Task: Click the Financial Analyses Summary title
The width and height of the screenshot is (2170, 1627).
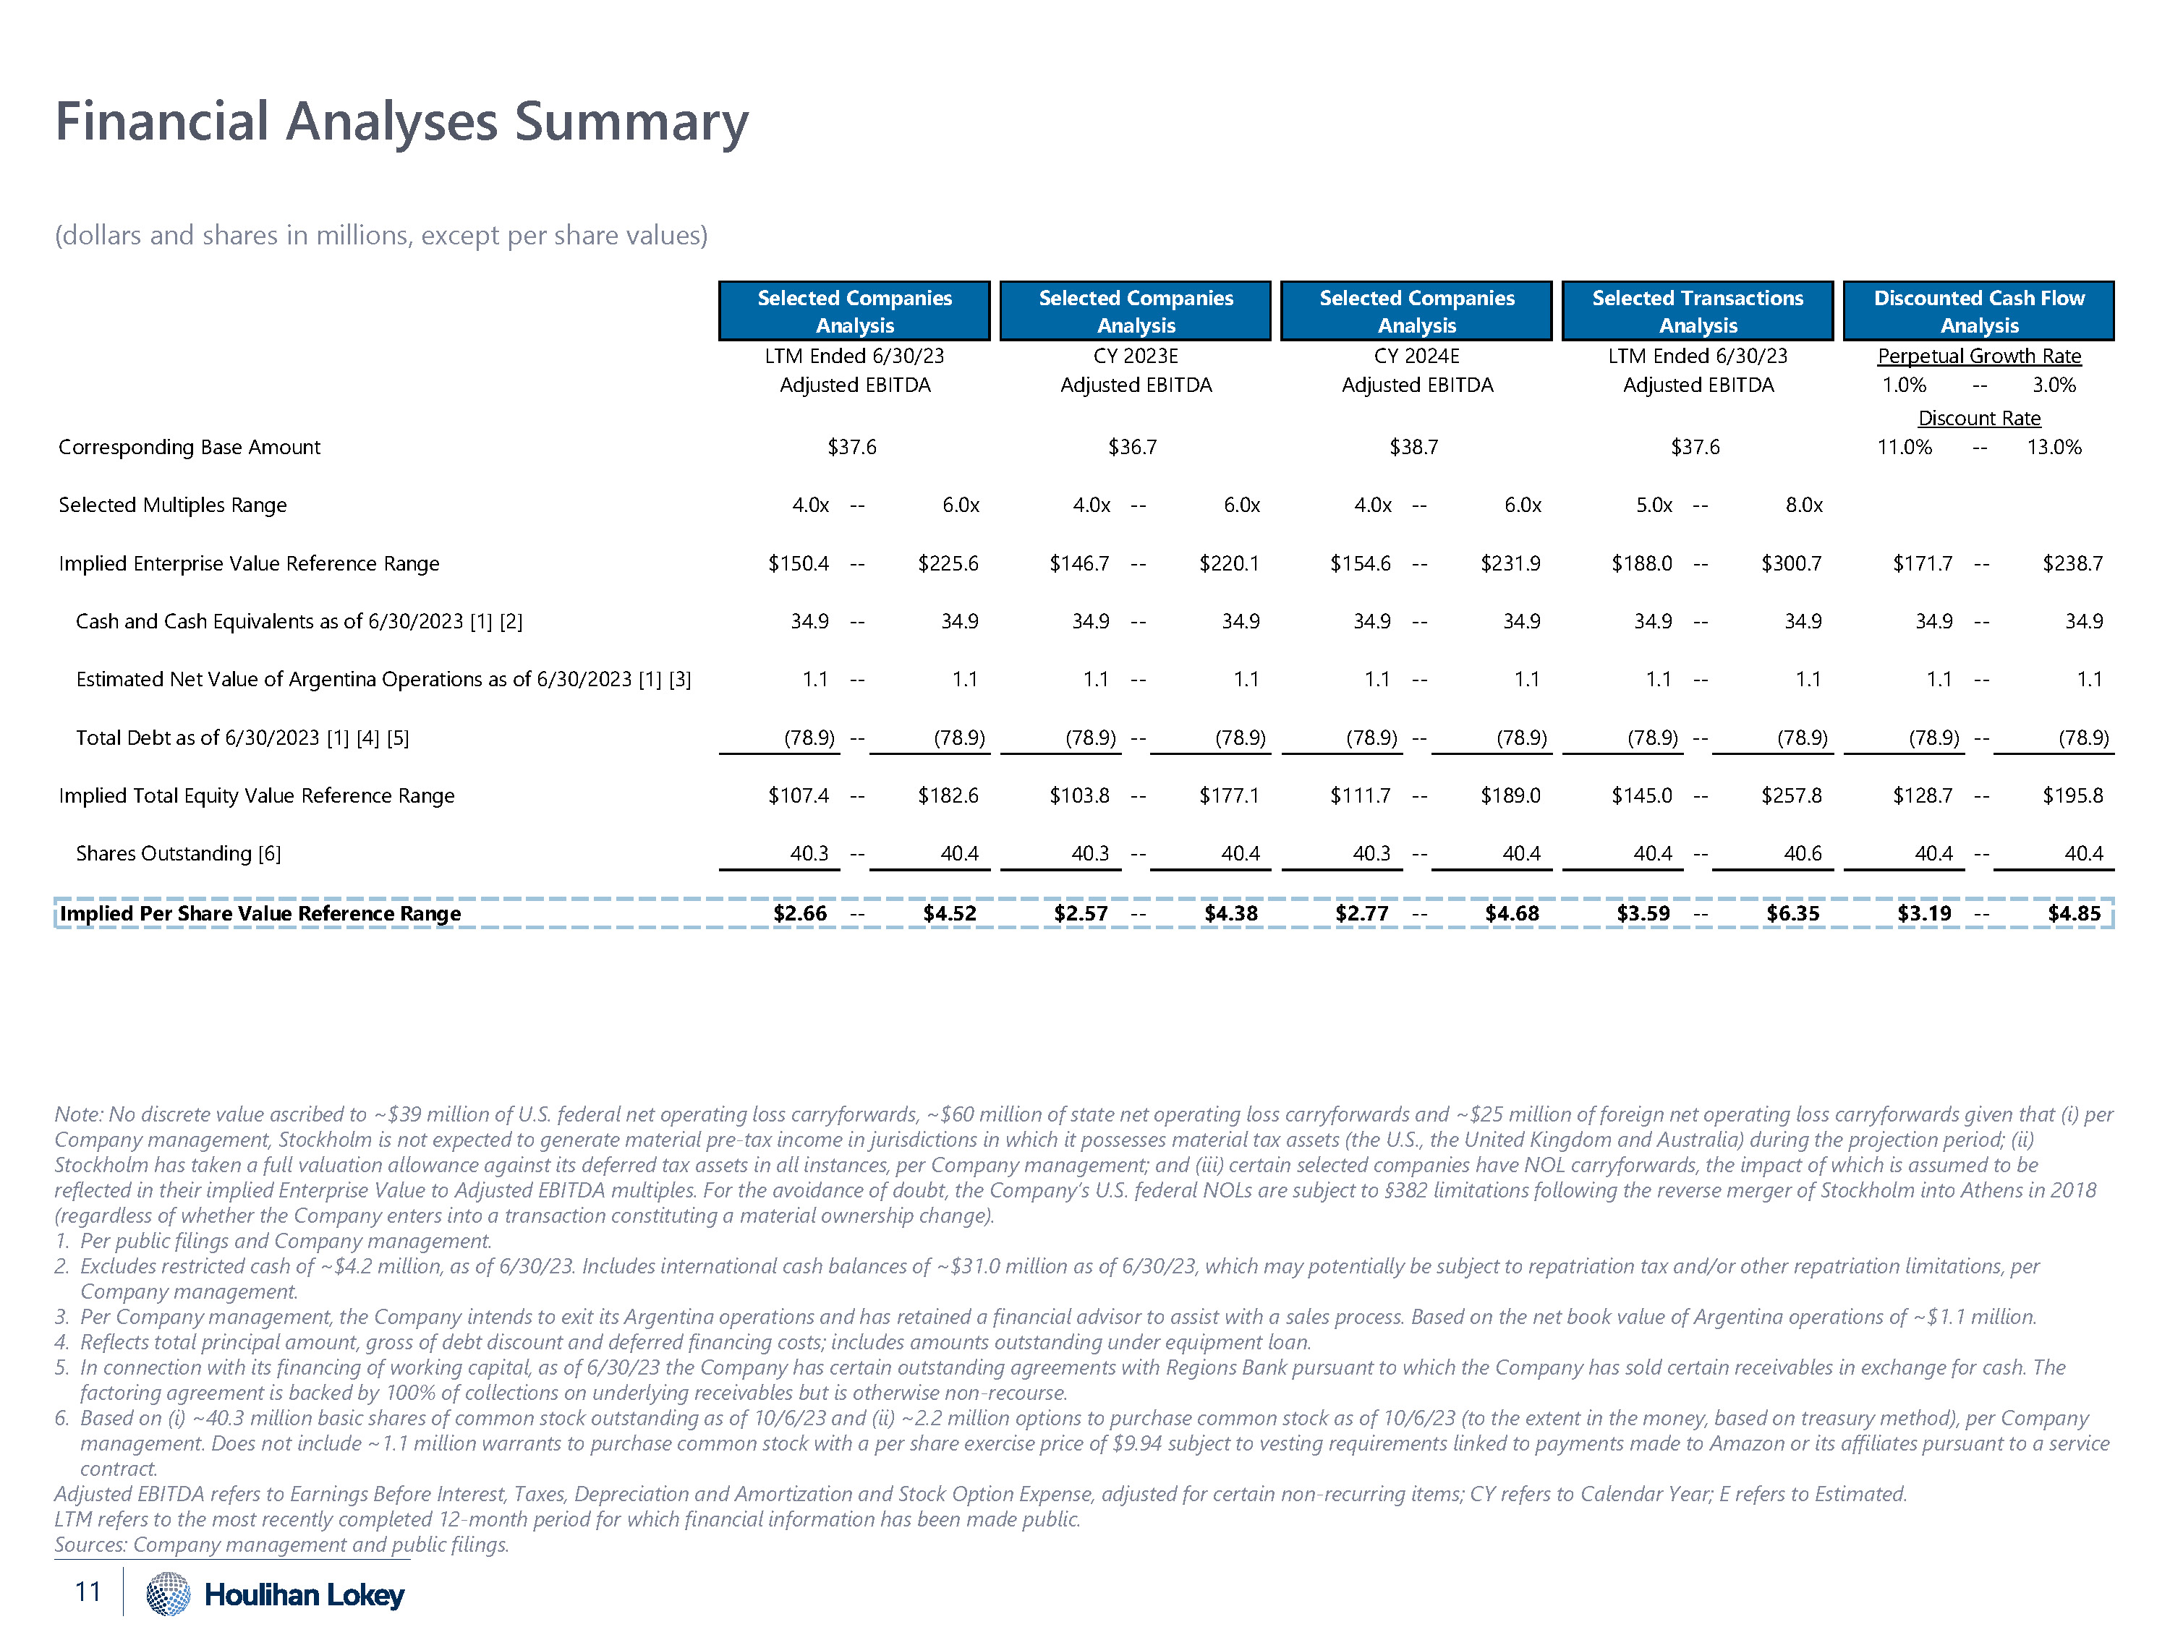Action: pyautogui.click(x=401, y=123)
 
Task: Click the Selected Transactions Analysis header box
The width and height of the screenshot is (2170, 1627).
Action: pyautogui.click(x=1697, y=311)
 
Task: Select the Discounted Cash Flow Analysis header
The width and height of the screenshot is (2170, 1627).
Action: pyautogui.click(x=1979, y=311)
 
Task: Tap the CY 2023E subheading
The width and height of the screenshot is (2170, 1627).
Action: pyautogui.click(x=1136, y=356)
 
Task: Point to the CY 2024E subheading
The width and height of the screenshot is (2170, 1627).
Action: pyautogui.click(x=1416, y=356)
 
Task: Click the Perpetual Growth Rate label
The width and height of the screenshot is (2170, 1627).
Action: pyautogui.click(x=1979, y=356)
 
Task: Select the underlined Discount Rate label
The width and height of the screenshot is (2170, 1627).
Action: pyautogui.click(x=1979, y=419)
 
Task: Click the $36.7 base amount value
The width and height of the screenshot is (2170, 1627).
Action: pyautogui.click(x=1132, y=447)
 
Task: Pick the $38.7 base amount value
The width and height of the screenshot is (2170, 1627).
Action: pyautogui.click(x=1413, y=447)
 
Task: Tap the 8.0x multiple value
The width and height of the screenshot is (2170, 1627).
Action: pyautogui.click(x=1803, y=505)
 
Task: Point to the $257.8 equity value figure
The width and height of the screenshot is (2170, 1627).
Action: pyautogui.click(x=1790, y=795)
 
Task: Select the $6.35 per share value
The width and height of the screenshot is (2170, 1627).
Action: pyautogui.click(x=1792, y=914)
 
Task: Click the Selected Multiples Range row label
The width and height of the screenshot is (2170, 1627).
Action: pyautogui.click(x=173, y=505)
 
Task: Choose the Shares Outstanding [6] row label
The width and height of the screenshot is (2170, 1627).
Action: pyautogui.click(x=179, y=854)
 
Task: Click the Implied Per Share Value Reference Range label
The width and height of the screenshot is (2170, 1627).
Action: pyautogui.click(x=260, y=914)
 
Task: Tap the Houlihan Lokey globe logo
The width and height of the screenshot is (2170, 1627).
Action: pyautogui.click(x=168, y=1594)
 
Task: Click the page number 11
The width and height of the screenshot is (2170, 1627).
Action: pyautogui.click(x=88, y=1592)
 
